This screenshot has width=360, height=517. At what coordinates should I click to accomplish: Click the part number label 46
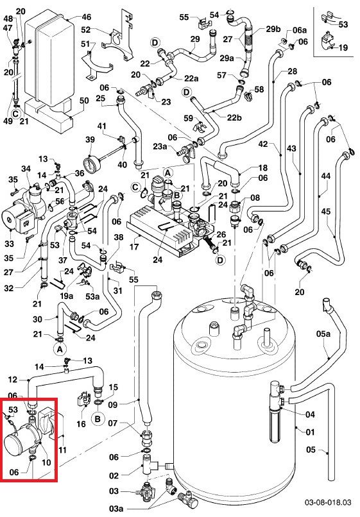tap(86, 17)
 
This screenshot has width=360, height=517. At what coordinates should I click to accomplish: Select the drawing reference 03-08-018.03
tap(328, 502)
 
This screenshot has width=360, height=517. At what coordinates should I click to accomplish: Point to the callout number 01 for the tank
tap(310, 432)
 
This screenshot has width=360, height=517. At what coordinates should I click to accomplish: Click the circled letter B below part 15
tap(98, 419)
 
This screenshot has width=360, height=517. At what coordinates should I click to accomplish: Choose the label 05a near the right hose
tap(323, 334)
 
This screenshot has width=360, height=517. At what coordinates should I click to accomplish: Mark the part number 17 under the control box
tap(134, 246)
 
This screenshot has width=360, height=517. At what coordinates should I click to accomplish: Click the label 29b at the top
tap(273, 29)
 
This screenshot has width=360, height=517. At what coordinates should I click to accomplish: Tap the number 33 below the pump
tap(9, 244)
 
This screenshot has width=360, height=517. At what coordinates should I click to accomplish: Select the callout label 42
tap(263, 144)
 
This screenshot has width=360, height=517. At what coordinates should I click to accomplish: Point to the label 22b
tap(234, 117)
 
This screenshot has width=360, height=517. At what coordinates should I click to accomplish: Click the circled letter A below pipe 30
tap(60, 349)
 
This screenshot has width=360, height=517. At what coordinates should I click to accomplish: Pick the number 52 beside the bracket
tap(86, 30)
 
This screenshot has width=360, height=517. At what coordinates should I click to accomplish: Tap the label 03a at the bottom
tap(116, 509)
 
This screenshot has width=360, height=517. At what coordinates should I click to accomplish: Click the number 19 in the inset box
tap(343, 47)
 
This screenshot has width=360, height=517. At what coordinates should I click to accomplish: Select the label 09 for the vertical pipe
tap(113, 405)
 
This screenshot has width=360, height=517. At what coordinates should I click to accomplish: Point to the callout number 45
tap(326, 211)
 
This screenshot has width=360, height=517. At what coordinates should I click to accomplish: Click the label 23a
tap(160, 146)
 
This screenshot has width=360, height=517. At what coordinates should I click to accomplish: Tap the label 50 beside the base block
tap(84, 101)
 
